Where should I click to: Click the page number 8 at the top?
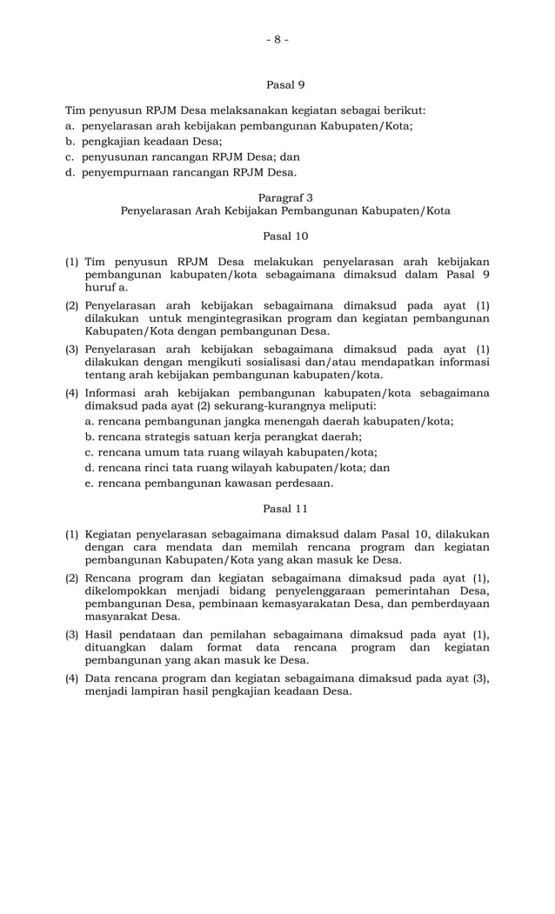[277, 39]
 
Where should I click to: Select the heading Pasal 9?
[284, 85]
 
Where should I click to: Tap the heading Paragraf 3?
[284, 197]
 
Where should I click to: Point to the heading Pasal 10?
[284, 236]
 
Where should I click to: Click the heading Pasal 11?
[284, 508]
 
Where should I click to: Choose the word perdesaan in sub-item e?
[302, 484]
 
